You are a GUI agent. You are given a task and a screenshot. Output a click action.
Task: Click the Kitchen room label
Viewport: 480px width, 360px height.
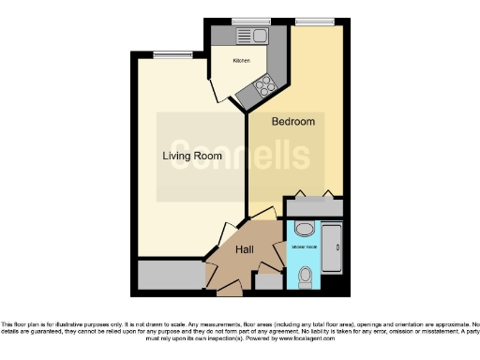point(242,61)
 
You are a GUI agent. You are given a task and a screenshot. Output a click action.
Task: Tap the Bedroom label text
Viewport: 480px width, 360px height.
point(292,122)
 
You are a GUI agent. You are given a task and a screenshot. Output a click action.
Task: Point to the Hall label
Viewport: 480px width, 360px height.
point(245,249)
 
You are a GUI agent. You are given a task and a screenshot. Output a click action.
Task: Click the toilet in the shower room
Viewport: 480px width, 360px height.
point(306,276)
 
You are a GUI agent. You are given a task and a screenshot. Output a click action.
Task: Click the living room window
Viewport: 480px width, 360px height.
point(167,54)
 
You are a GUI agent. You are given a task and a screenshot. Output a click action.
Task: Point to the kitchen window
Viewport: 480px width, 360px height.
point(250,21)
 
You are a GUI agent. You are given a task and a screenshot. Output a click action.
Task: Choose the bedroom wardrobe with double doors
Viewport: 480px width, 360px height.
point(313,206)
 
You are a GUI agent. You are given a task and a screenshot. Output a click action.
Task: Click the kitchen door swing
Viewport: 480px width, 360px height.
point(218,91)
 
